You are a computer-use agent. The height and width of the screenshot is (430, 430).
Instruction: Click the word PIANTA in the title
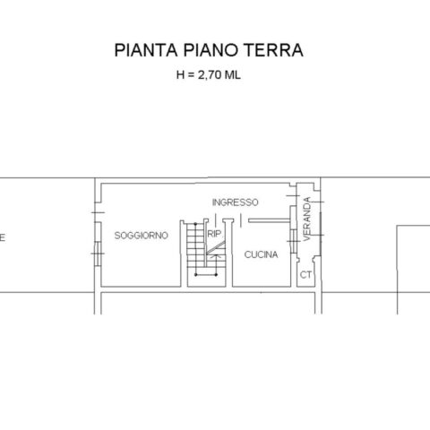pyautogui.click(x=146, y=50)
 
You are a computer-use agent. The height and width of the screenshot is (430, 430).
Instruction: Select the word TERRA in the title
pyautogui.click(x=273, y=50)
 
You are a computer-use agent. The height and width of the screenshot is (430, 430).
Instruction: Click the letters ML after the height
pyautogui.click(x=232, y=74)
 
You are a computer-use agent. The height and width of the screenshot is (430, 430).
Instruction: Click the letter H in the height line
pyautogui.click(x=180, y=74)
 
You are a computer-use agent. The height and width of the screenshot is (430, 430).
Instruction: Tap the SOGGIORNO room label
pyautogui.click(x=142, y=236)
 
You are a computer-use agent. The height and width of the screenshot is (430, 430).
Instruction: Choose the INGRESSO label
pyautogui.click(x=235, y=202)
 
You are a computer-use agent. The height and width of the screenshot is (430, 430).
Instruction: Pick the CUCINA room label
pyautogui.click(x=261, y=254)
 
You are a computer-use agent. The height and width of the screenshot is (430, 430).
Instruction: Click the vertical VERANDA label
pyautogui.click(x=307, y=219)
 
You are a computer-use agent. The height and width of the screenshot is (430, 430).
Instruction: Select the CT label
pyautogui.click(x=305, y=275)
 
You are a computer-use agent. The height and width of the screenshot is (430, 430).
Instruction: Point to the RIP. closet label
pyautogui.click(x=214, y=234)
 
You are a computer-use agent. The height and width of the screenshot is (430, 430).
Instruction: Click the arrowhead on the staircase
pyautogui.click(x=213, y=256)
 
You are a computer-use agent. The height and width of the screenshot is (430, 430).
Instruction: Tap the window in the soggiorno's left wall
pyautogui.click(x=98, y=254)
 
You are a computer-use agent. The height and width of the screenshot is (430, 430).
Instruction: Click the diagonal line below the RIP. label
pyautogui.click(x=215, y=248)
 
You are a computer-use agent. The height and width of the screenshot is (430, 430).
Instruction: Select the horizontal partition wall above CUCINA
pyautogui.click(x=270, y=220)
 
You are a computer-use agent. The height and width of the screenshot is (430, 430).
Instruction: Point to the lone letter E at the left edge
pyautogui.click(x=3, y=238)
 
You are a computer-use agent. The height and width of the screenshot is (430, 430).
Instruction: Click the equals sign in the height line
pyautogui.click(x=191, y=75)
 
